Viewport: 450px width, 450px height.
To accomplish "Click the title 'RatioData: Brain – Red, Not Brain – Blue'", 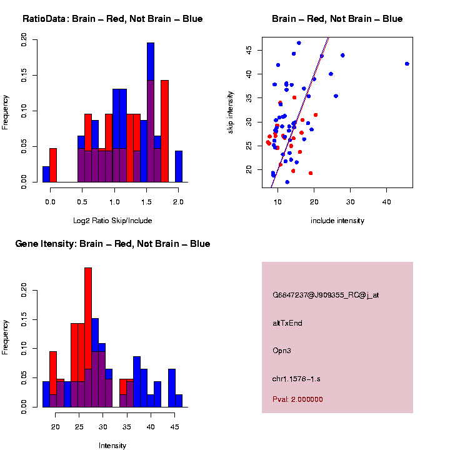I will [x=112, y=19].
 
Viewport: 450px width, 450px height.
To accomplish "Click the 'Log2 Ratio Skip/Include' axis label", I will [x=112, y=221].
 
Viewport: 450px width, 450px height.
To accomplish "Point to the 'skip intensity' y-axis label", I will [x=231, y=111].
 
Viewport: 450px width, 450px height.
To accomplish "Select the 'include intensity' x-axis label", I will [x=337, y=221].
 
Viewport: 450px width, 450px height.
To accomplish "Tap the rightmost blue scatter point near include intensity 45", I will [x=407, y=64].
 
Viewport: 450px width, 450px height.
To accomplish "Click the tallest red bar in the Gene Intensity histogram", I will [x=88, y=337].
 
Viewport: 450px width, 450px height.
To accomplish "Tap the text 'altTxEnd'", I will [x=287, y=323].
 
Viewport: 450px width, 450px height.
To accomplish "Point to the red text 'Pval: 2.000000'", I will [x=297, y=399].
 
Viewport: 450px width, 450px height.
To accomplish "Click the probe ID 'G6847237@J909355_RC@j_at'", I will [x=326, y=295].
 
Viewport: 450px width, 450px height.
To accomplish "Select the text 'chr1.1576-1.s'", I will [x=296, y=379].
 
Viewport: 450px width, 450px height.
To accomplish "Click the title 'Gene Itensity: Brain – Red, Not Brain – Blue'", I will [x=112, y=244].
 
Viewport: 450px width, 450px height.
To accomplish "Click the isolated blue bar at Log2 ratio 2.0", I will [x=179, y=167].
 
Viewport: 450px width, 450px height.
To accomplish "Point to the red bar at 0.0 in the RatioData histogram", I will [x=53, y=166].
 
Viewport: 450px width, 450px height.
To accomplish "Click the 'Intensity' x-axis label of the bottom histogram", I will [x=112, y=446].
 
